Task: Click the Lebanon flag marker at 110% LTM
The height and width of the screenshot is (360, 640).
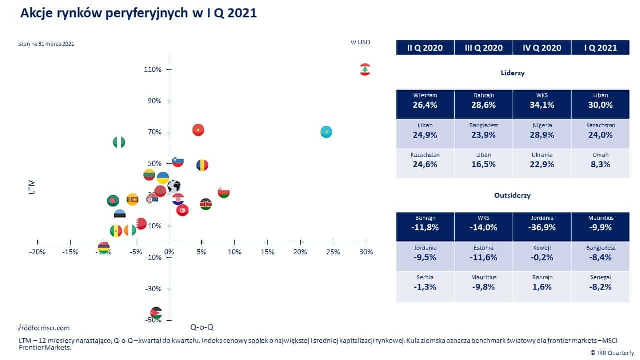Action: pyautogui.click(x=365, y=69)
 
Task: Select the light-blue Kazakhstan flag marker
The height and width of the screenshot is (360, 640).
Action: pyautogui.click(x=326, y=132)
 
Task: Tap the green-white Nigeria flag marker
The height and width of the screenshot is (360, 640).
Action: pyautogui.click(x=119, y=142)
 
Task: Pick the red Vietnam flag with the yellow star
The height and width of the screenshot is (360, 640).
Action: pyautogui.click(x=198, y=130)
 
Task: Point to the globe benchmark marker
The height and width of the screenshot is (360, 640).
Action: pyautogui.click(x=174, y=187)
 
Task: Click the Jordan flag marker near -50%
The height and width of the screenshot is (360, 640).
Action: pyautogui.click(x=156, y=313)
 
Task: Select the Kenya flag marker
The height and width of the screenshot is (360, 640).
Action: pyautogui.click(x=205, y=204)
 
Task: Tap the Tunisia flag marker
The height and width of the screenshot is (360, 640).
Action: pyautogui.click(x=183, y=210)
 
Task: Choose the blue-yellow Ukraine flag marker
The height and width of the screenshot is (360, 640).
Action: pyautogui.click(x=163, y=178)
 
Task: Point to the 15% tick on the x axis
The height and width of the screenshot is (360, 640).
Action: pyautogui.click(x=267, y=252)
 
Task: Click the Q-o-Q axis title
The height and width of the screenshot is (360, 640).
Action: pyautogui.click(x=202, y=327)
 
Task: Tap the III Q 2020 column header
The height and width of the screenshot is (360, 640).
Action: pyautogui.click(x=483, y=48)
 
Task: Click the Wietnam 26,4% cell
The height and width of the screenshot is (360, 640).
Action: pyautogui.click(x=425, y=101)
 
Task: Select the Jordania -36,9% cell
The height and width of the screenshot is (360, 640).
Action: pyautogui.click(x=542, y=223)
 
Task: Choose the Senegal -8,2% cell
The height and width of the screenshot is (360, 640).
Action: pyautogui.click(x=600, y=282)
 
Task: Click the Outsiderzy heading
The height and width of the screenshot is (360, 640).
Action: pyautogui.click(x=512, y=195)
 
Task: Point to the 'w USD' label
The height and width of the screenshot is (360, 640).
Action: pyautogui.click(x=360, y=42)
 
